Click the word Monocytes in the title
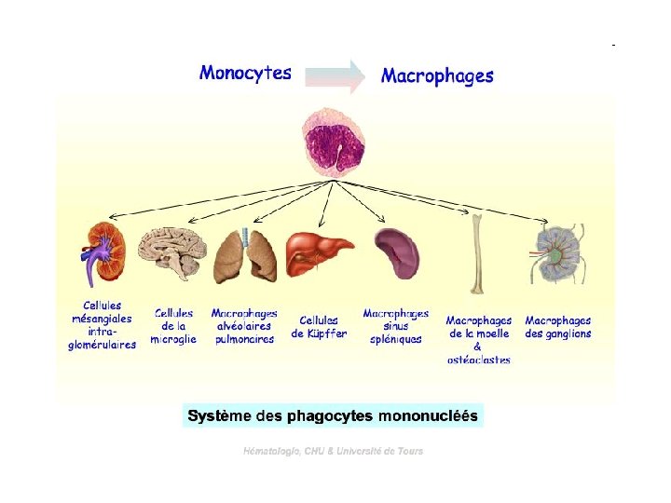(x=245, y=73)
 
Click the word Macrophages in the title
(x=437, y=76)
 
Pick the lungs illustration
(x=245, y=255)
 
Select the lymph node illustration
(x=555, y=253)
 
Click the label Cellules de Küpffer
(x=319, y=327)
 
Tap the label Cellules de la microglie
(x=173, y=327)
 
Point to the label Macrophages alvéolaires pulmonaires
(x=243, y=327)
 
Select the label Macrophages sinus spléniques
(x=396, y=327)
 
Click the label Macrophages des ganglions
(x=557, y=327)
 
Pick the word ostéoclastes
(x=478, y=360)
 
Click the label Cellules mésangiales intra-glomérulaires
(x=102, y=325)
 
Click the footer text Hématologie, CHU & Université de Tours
(x=333, y=451)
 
